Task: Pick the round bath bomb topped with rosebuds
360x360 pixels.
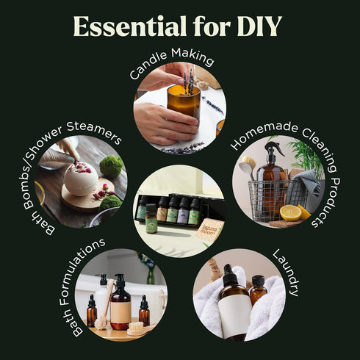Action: click(82, 179)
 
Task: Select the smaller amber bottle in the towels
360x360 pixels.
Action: click(257, 290)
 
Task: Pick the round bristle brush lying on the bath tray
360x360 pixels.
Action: click(136, 329)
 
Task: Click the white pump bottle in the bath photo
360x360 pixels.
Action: click(103, 294)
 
